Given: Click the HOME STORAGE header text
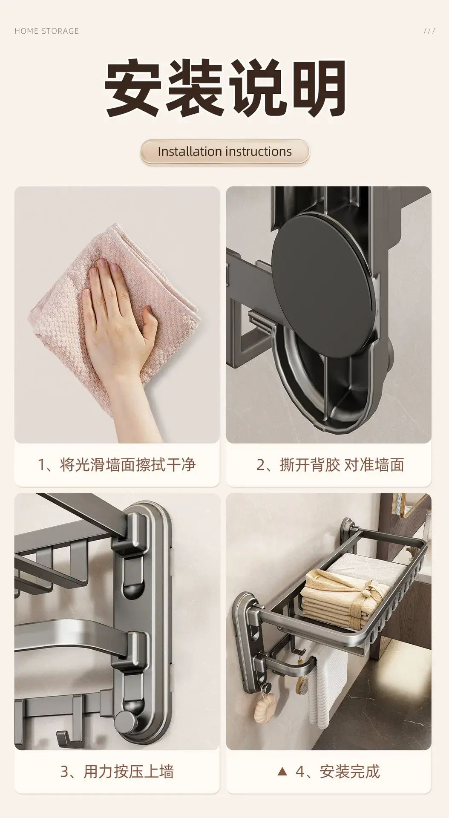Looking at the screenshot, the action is (x=46, y=31).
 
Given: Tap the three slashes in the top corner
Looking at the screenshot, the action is (x=429, y=31).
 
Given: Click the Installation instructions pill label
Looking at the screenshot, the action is (x=224, y=151).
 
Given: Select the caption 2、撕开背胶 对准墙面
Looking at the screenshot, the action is (x=330, y=464).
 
